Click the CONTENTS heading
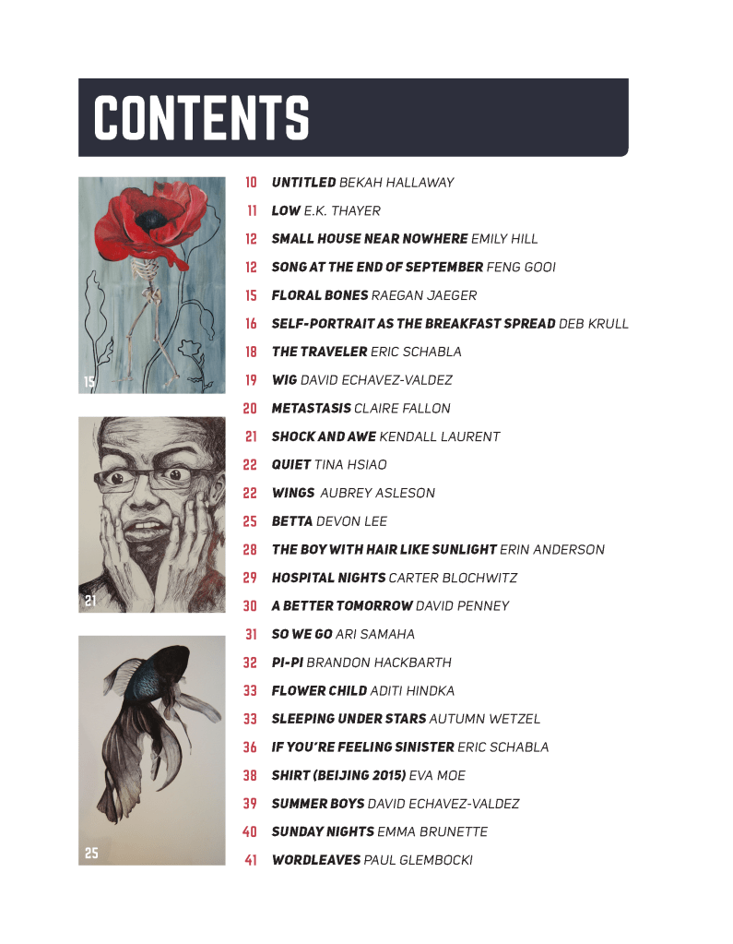pyautogui.click(x=201, y=118)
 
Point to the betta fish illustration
pyautogui.click(x=161, y=729)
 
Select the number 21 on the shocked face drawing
pyautogui.click(x=90, y=601)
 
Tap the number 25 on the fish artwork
pyautogui.click(x=90, y=854)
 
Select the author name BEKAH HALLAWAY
pyautogui.click(x=396, y=183)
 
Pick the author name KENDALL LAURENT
pyautogui.click(x=439, y=436)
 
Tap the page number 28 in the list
pyautogui.click(x=250, y=549)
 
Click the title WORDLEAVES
pyautogui.click(x=316, y=860)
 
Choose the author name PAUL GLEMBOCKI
pyautogui.click(x=418, y=860)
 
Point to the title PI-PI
pyautogui.click(x=287, y=663)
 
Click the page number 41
pyautogui.click(x=250, y=860)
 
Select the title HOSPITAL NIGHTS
pyautogui.click(x=328, y=578)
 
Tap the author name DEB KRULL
pyautogui.click(x=594, y=324)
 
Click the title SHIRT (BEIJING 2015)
pyautogui.click(x=338, y=775)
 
